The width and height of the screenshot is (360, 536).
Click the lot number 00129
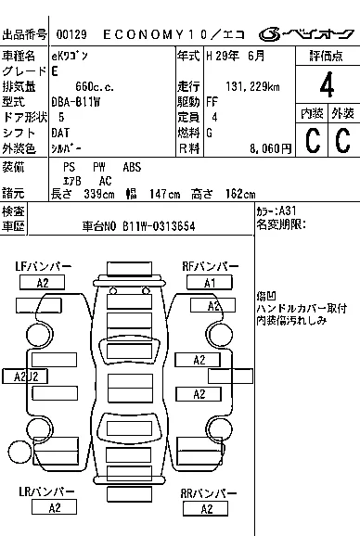(x=71, y=34)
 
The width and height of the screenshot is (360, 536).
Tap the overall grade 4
(x=327, y=84)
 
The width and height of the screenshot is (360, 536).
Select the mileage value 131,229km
(x=252, y=86)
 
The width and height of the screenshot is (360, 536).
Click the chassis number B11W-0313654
(x=159, y=226)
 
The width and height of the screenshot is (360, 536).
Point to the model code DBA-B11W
(x=76, y=102)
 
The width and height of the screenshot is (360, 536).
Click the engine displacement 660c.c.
(x=95, y=87)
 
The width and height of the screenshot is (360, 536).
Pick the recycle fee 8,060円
(x=270, y=148)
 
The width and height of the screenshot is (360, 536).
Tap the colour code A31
(x=288, y=211)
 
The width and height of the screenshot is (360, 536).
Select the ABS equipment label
(x=132, y=167)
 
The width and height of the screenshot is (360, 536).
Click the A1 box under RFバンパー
(x=210, y=283)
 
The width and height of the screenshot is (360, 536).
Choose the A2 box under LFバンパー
(x=42, y=283)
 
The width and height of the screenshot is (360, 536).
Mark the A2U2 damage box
(x=25, y=376)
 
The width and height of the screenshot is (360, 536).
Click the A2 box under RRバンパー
(x=205, y=509)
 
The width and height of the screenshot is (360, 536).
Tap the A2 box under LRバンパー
(x=54, y=507)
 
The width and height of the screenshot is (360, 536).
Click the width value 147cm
(x=165, y=195)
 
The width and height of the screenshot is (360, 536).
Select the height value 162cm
(x=240, y=195)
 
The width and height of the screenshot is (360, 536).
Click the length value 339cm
(x=99, y=195)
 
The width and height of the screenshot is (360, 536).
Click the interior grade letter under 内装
(x=313, y=140)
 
